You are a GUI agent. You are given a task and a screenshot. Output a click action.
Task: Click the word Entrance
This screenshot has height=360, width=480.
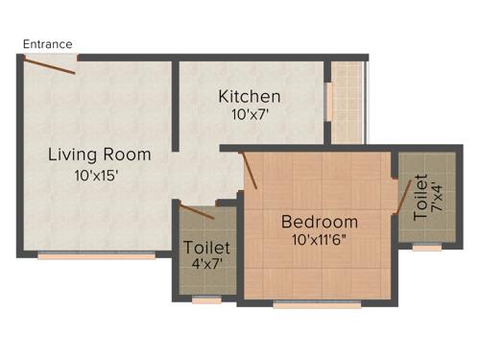click(47, 44)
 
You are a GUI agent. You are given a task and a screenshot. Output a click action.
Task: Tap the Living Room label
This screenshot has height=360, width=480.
click(100, 154)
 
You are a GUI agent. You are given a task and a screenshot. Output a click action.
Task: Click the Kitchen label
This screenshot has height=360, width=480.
click(250, 96)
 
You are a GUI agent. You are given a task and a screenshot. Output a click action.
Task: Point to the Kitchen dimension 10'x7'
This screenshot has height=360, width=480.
click(250, 115)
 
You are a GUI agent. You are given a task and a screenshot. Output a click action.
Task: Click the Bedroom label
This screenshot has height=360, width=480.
click(319, 222)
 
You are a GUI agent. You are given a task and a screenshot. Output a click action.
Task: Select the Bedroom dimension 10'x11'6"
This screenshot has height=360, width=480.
click(319, 241)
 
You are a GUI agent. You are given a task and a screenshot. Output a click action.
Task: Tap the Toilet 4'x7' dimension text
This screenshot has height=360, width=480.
click(206, 265)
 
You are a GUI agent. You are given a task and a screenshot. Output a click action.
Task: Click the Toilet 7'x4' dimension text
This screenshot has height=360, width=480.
click(435, 198)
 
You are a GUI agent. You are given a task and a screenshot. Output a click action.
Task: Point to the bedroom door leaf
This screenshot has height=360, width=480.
click(250, 170)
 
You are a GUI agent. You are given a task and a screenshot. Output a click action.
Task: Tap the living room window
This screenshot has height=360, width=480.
click(96, 256)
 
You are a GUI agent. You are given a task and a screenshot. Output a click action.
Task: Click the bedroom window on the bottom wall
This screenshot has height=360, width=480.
click(317, 305)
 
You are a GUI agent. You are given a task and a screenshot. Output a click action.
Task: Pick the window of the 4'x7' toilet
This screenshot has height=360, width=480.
click(206, 300)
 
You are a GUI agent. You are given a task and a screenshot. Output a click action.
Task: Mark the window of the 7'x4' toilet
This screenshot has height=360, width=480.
click(427, 248)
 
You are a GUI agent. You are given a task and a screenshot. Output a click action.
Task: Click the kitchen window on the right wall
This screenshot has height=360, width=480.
click(328, 101)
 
